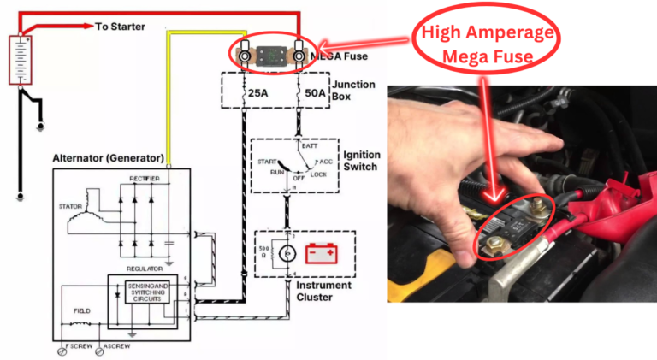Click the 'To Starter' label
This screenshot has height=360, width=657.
(x=120, y=27)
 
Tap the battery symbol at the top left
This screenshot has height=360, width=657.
(x=20, y=59)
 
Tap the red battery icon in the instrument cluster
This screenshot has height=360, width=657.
(x=322, y=253)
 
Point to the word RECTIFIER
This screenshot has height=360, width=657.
(x=143, y=178)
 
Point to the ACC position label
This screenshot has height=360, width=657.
(x=325, y=162)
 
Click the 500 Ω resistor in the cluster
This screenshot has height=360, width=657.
(x=267, y=254)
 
